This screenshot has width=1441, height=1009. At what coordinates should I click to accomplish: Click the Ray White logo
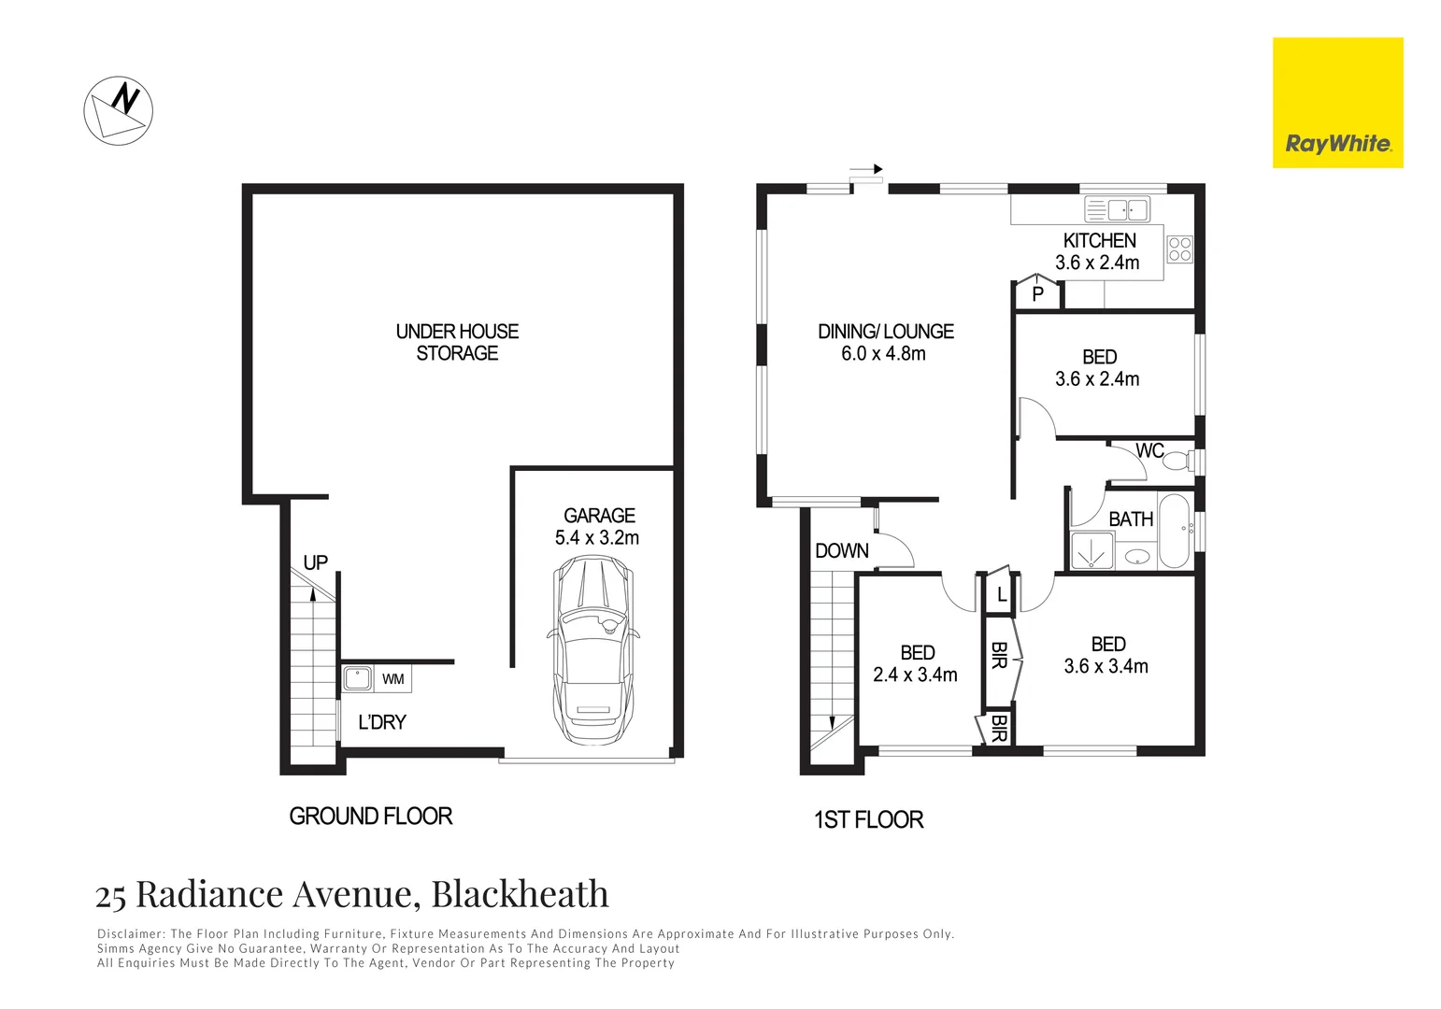pyautogui.click(x=1337, y=103)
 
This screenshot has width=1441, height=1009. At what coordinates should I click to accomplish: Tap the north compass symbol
pyautogui.click(x=119, y=110)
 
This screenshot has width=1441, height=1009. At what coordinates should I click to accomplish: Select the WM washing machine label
pyautogui.click(x=392, y=679)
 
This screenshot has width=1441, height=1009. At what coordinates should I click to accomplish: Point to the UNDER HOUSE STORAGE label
pyautogui.click(x=457, y=342)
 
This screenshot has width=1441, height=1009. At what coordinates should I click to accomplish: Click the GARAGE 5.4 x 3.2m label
pyautogui.click(x=598, y=527)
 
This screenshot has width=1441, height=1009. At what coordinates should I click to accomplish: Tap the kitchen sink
pyautogui.click(x=1116, y=209)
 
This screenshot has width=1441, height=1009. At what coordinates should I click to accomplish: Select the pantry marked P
pyautogui.click(x=1037, y=294)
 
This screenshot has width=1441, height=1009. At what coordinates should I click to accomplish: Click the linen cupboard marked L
pyautogui.click(x=1001, y=594)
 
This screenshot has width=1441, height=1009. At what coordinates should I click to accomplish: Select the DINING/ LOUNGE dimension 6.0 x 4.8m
pyautogui.click(x=883, y=354)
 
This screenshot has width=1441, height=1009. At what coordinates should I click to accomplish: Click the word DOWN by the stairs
pyautogui.click(x=841, y=551)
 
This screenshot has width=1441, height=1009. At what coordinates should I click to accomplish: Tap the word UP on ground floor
pyautogui.click(x=315, y=562)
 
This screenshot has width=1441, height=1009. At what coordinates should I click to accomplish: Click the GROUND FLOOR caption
pyautogui.click(x=371, y=817)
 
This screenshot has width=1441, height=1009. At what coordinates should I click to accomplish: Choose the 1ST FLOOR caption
pyautogui.click(x=868, y=820)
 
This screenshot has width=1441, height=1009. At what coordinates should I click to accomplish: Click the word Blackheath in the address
pyautogui.click(x=520, y=895)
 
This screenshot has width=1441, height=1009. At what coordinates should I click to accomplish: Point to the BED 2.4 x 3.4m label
pyautogui.click(x=915, y=664)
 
